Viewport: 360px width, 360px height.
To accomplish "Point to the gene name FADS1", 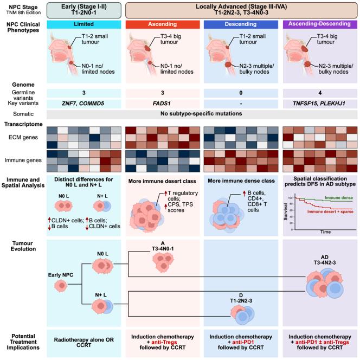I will click(161, 103).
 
